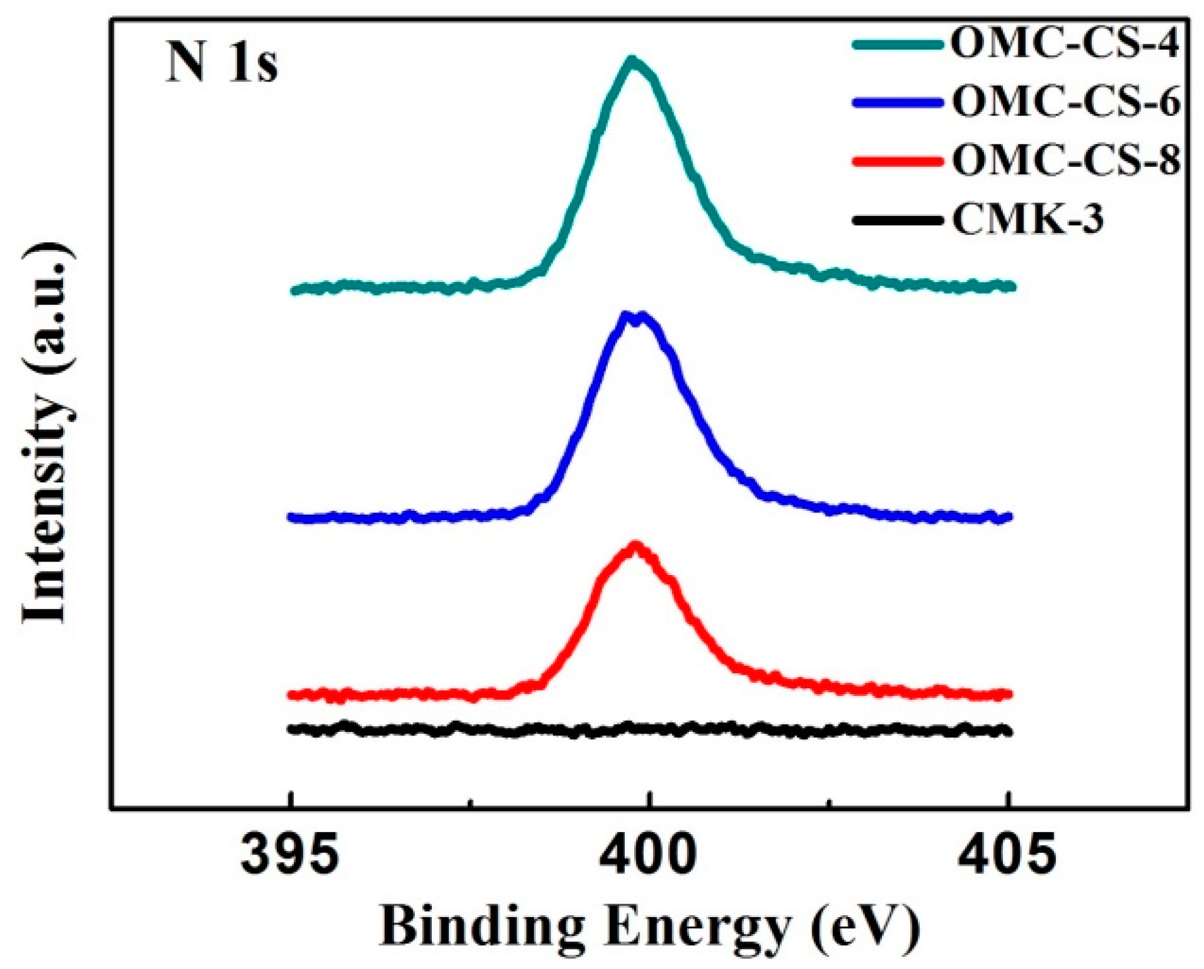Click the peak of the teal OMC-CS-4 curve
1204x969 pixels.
point(632,61)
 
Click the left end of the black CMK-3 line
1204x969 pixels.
point(291,730)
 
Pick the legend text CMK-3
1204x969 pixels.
point(1027,220)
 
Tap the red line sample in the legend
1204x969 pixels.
point(895,160)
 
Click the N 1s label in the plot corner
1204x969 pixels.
point(221,64)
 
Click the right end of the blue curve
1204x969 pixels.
point(1009,517)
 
